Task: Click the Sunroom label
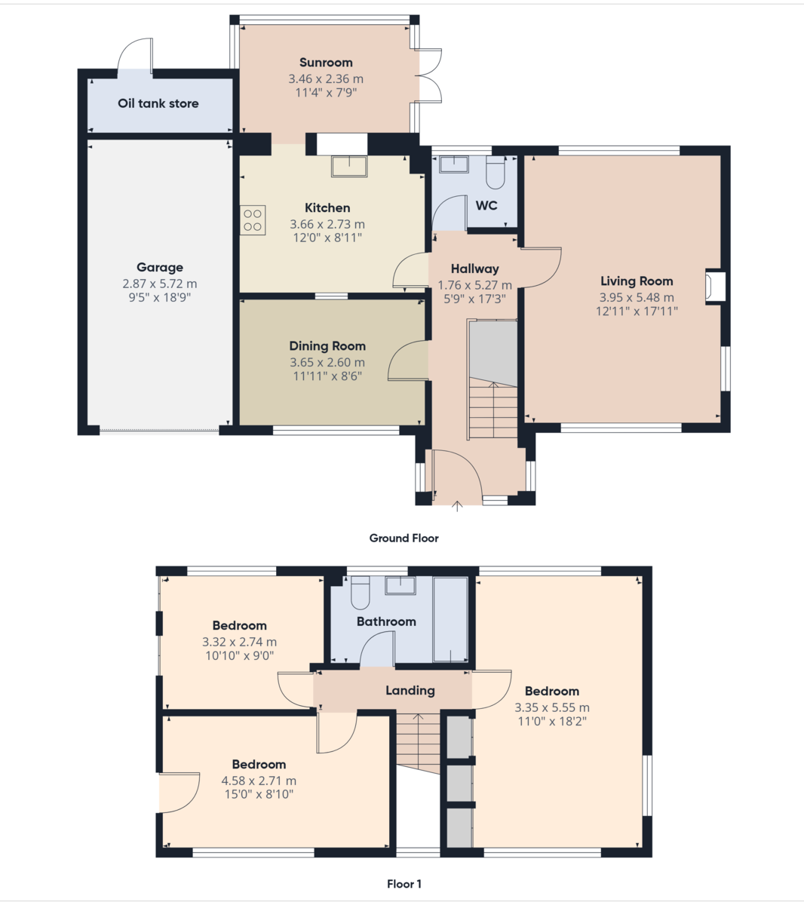pos(326,63)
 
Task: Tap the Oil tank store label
pos(158,103)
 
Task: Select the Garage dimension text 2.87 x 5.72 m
pos(159,284)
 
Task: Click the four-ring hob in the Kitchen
pos(253,220)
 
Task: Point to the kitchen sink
pos(349,166)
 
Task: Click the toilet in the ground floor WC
pos(495,173)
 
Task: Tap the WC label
pos(486,205)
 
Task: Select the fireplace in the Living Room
pos(715,287)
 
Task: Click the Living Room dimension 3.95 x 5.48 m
pos(637,297)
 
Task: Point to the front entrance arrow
pos(457,506)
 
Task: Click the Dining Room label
pos(327,346)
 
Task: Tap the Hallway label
pos(475,269)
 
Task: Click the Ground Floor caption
pos(404,538)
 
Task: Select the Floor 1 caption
pos(404,884)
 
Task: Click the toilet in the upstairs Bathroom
pos(360,593)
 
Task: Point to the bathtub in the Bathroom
pos(451,620)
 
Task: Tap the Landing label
pos(410,691)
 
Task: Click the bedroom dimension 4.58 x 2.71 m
pos(259,781)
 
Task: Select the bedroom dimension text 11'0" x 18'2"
pos(552,722)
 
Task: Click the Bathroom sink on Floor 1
pos(400,586)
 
